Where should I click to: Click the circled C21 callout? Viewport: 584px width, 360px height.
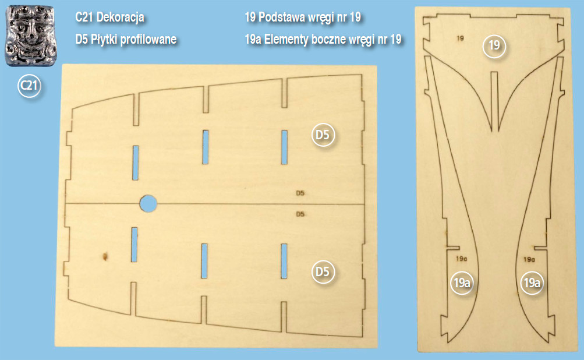[29, 86]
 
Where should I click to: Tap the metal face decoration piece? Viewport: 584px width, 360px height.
[31, 36]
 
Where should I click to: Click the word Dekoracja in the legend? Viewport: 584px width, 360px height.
[121, 17]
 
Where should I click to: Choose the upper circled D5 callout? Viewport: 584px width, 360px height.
[323, 135]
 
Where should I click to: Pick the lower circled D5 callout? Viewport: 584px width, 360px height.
[323, 271]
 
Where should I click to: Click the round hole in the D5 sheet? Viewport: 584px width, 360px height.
[148, 203]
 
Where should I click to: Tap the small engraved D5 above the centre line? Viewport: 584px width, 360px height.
[300, 193]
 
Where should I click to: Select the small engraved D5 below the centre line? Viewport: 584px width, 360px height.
[300, 214]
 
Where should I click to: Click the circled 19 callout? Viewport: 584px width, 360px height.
[494, 45]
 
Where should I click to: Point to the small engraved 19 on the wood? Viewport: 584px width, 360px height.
[461, 38]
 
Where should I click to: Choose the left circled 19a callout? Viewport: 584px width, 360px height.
[462, 283]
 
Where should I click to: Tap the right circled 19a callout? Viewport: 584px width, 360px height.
[532, 283]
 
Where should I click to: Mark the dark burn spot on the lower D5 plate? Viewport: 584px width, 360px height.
[105, 256]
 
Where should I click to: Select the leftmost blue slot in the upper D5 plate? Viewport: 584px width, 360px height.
[136, 163]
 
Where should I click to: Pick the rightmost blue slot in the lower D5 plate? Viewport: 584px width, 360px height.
[284, 261]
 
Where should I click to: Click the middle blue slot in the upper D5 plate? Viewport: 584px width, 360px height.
[205, 147]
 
